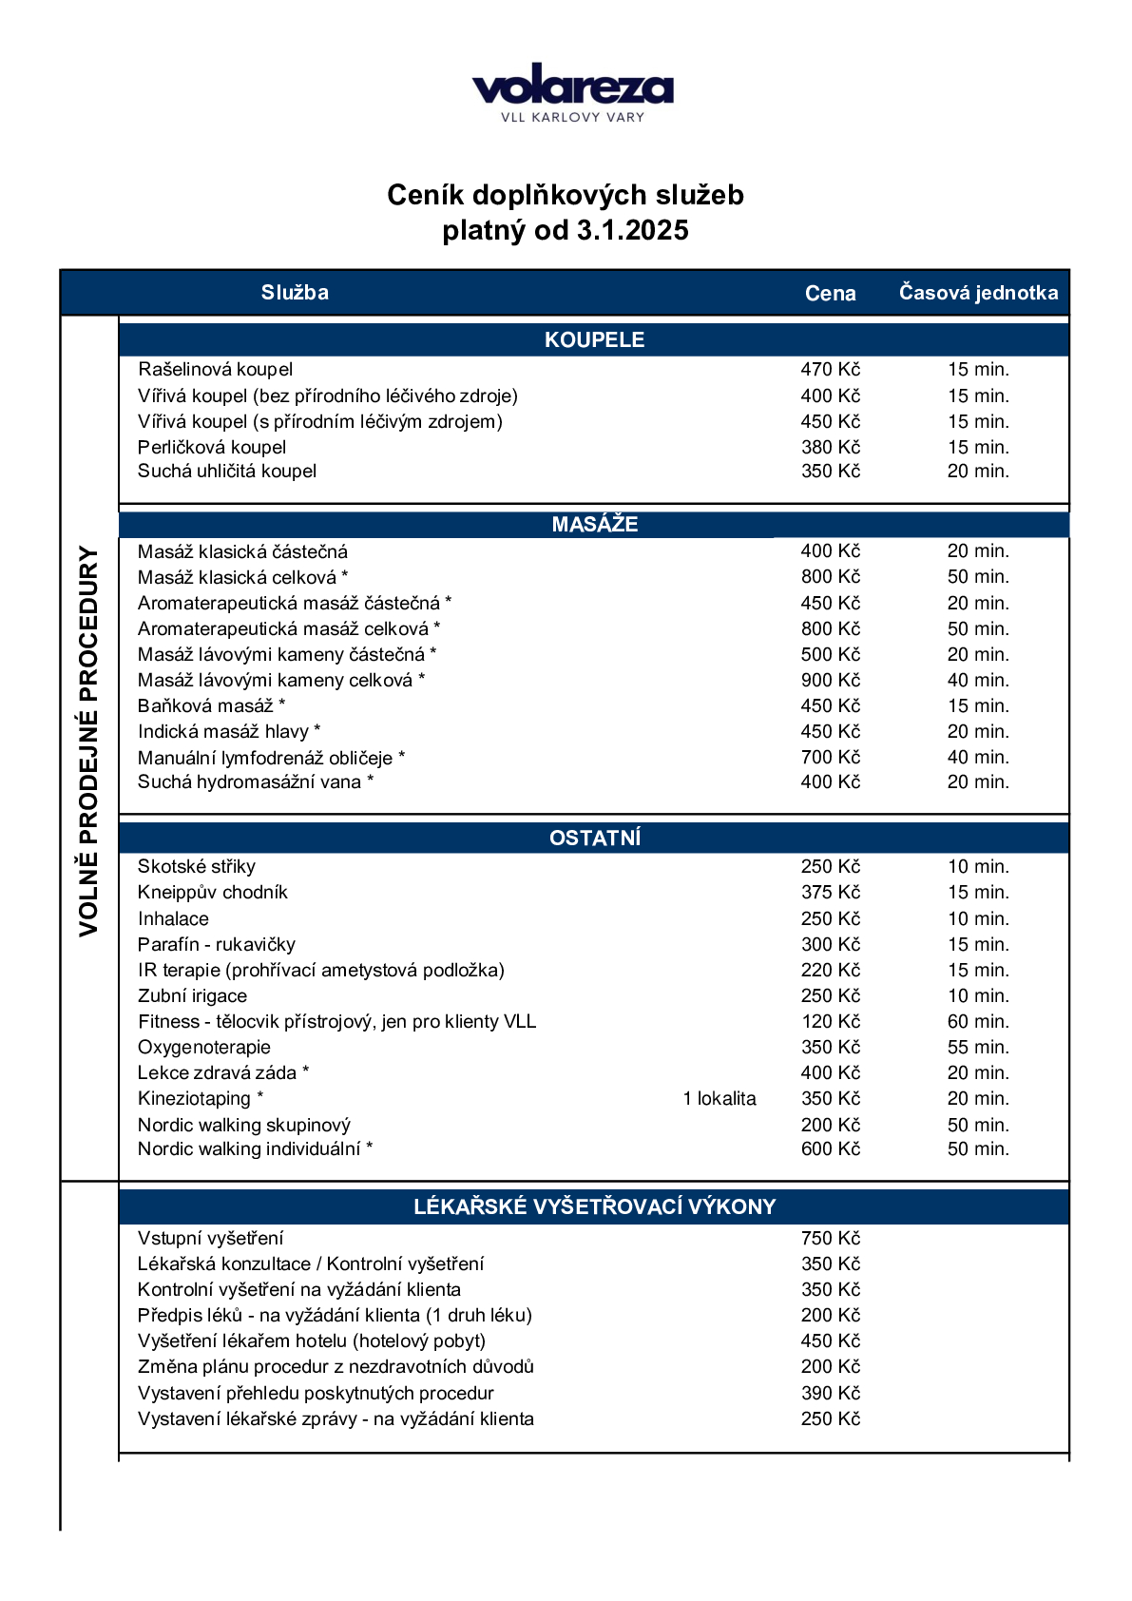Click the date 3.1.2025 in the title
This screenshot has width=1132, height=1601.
632,230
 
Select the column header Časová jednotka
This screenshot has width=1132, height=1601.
978,293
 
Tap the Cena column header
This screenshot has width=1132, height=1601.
830,294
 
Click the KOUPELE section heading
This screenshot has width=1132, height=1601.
594,340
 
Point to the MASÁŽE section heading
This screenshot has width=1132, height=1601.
594,525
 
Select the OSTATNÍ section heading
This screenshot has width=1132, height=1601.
594,839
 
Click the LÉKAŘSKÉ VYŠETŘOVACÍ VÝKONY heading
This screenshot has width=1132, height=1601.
594,1207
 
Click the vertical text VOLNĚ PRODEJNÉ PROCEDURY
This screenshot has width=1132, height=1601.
88,741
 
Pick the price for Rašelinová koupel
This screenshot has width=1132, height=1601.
830,370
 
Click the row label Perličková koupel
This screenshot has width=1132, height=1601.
212,448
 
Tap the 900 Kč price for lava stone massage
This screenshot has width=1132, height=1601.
830,681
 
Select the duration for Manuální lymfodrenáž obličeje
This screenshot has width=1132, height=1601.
978,758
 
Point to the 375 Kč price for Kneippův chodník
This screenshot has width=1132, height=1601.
830,893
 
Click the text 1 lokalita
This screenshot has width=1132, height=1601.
719,1099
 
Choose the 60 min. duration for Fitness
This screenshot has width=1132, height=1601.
978,1022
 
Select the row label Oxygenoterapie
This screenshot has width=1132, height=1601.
204,1048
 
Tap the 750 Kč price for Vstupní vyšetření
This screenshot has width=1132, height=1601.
830,1239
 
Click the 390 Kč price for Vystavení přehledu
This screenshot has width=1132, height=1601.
830,1394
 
